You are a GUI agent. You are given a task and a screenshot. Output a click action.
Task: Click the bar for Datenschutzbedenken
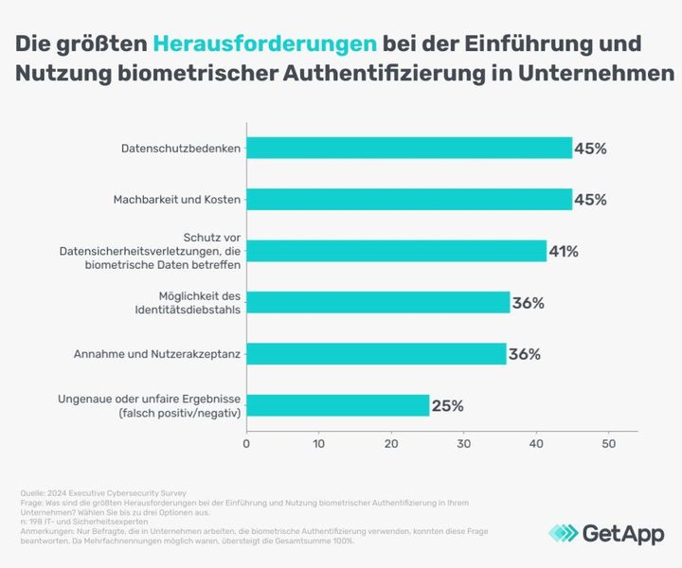[x=409, y=149]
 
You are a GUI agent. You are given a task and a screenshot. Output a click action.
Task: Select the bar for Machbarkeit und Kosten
[x=409, y=200]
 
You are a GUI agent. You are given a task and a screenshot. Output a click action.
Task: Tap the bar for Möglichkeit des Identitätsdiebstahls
[x=378, y=303]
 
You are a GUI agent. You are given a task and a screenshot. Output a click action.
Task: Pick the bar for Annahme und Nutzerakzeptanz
[x=376, y=354]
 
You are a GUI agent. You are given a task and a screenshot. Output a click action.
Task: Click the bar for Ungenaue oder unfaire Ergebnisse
[x=337, y=406]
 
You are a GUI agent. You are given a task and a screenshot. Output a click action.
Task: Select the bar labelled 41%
[x=396, y=251]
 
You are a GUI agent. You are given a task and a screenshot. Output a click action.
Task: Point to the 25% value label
[x=447, y=406]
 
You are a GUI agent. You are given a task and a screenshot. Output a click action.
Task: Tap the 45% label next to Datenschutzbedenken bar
[x=590, y=149]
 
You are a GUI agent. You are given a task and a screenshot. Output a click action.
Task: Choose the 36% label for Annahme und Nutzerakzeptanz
[x=524, y=354]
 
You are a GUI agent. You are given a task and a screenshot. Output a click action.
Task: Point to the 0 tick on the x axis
[x=246, y=443]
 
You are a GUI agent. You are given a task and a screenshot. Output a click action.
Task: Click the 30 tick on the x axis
[x=464, y=443]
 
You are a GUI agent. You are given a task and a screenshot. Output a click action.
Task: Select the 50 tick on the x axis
[x=609, y=443]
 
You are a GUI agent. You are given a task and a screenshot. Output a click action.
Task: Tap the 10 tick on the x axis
[x=319, y=443]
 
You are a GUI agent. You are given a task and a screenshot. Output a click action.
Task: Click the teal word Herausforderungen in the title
[x=264, y=44]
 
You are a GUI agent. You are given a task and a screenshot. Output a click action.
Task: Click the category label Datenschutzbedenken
[x=181, y=149]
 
